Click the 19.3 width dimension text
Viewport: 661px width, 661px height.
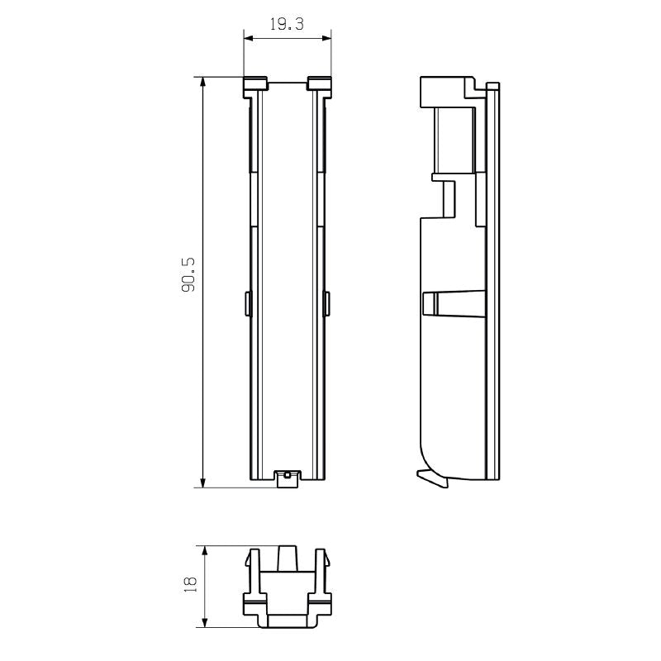pos(287,25)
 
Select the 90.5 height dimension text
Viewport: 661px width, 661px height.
pos(188,275)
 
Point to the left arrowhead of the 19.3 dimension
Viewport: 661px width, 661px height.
pos(246,36)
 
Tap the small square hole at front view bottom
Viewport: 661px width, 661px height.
pos(287,475)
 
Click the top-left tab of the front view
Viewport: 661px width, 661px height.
pos(255,83)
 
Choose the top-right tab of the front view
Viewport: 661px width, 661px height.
pos(319,83)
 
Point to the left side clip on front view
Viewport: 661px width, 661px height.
pos(247,302)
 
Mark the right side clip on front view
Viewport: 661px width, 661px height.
pos(327,302)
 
